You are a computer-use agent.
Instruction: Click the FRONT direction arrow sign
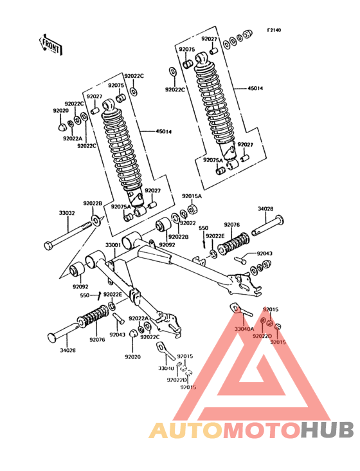[50, 45]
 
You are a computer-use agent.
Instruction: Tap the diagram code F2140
[274, 30]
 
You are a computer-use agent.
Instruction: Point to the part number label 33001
[113, 245]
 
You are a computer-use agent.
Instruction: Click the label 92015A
[191, 196]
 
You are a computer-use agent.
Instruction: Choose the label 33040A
[244, 329]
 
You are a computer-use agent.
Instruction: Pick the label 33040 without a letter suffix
[166, 369]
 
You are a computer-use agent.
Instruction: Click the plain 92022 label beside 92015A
[188, 223]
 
